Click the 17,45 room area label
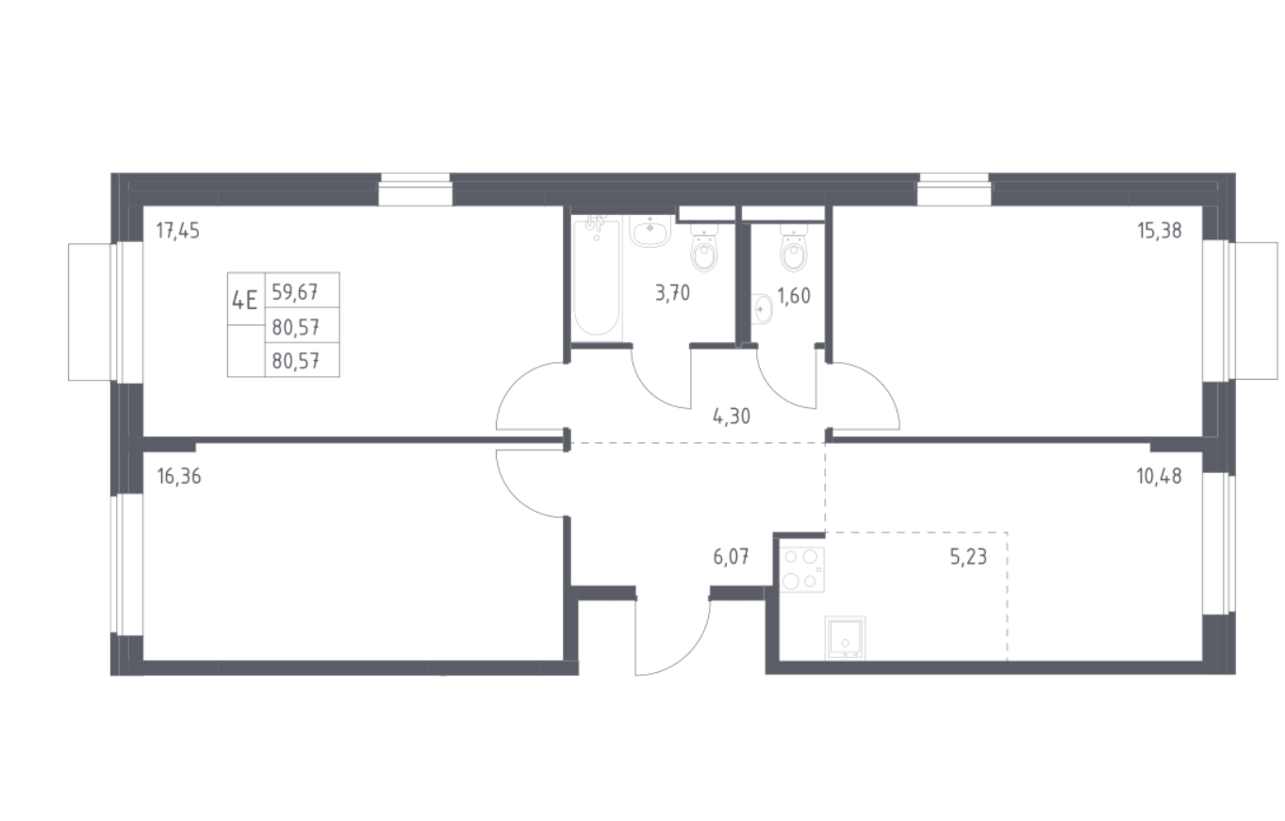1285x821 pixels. pos(178,231)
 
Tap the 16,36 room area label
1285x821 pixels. pos(179,477)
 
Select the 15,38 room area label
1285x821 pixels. pos(1160,231)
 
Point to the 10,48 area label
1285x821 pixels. pos(1160,476)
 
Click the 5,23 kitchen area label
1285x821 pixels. pos(968,556)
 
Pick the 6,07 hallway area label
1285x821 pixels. pos(731,556)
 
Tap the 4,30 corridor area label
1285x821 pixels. pos(732,417)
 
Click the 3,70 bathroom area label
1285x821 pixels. pos(672,294)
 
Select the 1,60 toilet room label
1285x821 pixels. pos(794,296)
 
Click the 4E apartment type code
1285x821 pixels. pos(245,300)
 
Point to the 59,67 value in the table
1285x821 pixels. pos(295,292)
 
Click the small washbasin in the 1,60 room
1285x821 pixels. pos(762,309)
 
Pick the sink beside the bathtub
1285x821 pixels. pos(650,231)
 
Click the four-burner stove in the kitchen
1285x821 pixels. pos(802,569)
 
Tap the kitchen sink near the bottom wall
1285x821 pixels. pos(845,638)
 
